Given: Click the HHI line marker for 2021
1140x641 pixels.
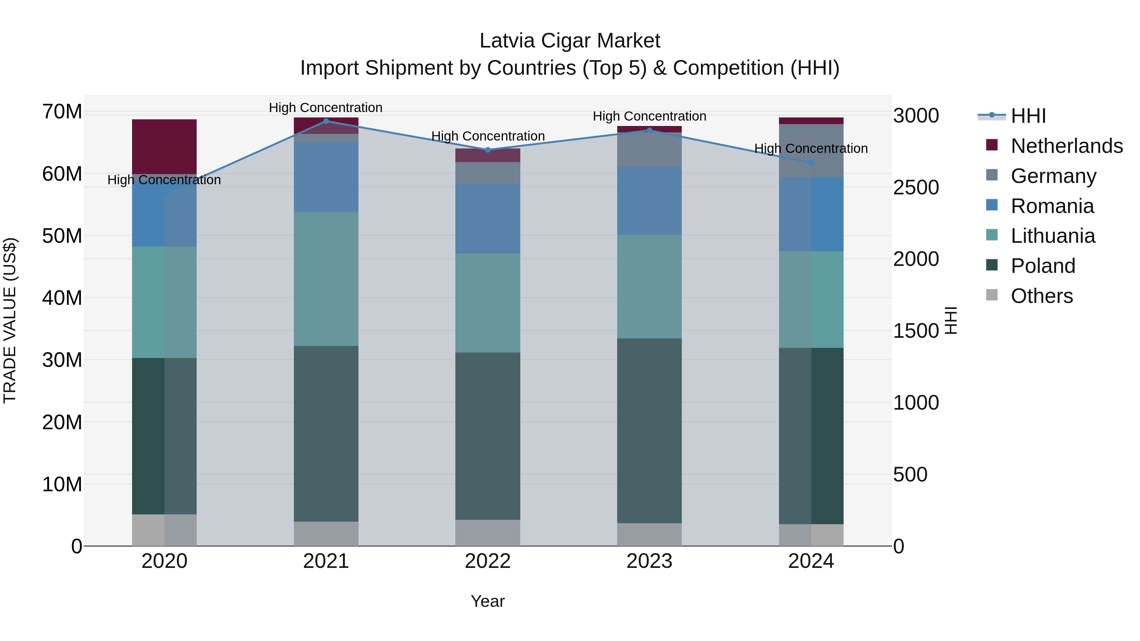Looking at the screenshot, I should (x=326, y=121).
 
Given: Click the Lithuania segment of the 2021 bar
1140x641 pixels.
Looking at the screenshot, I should (x=326, y=279).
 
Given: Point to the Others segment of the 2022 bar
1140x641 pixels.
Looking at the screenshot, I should (x=488, y=533).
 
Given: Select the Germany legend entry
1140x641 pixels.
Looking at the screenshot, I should (x=1053, y=176).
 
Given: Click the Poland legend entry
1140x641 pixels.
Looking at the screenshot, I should (x=1043, y=266).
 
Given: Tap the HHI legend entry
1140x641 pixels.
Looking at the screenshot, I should (x=1028, y=116).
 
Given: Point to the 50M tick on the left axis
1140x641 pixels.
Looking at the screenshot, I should (x=62, y=236).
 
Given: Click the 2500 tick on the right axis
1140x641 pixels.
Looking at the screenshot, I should (x=915, y=188).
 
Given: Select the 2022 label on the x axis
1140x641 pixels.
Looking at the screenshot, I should (x=488, y=561).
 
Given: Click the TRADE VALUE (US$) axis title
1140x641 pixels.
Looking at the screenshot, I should (x=10, y=320).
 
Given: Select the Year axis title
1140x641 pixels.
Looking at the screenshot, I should (x=488, y=601).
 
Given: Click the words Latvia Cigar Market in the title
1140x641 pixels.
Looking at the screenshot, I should (x=570, y=41).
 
